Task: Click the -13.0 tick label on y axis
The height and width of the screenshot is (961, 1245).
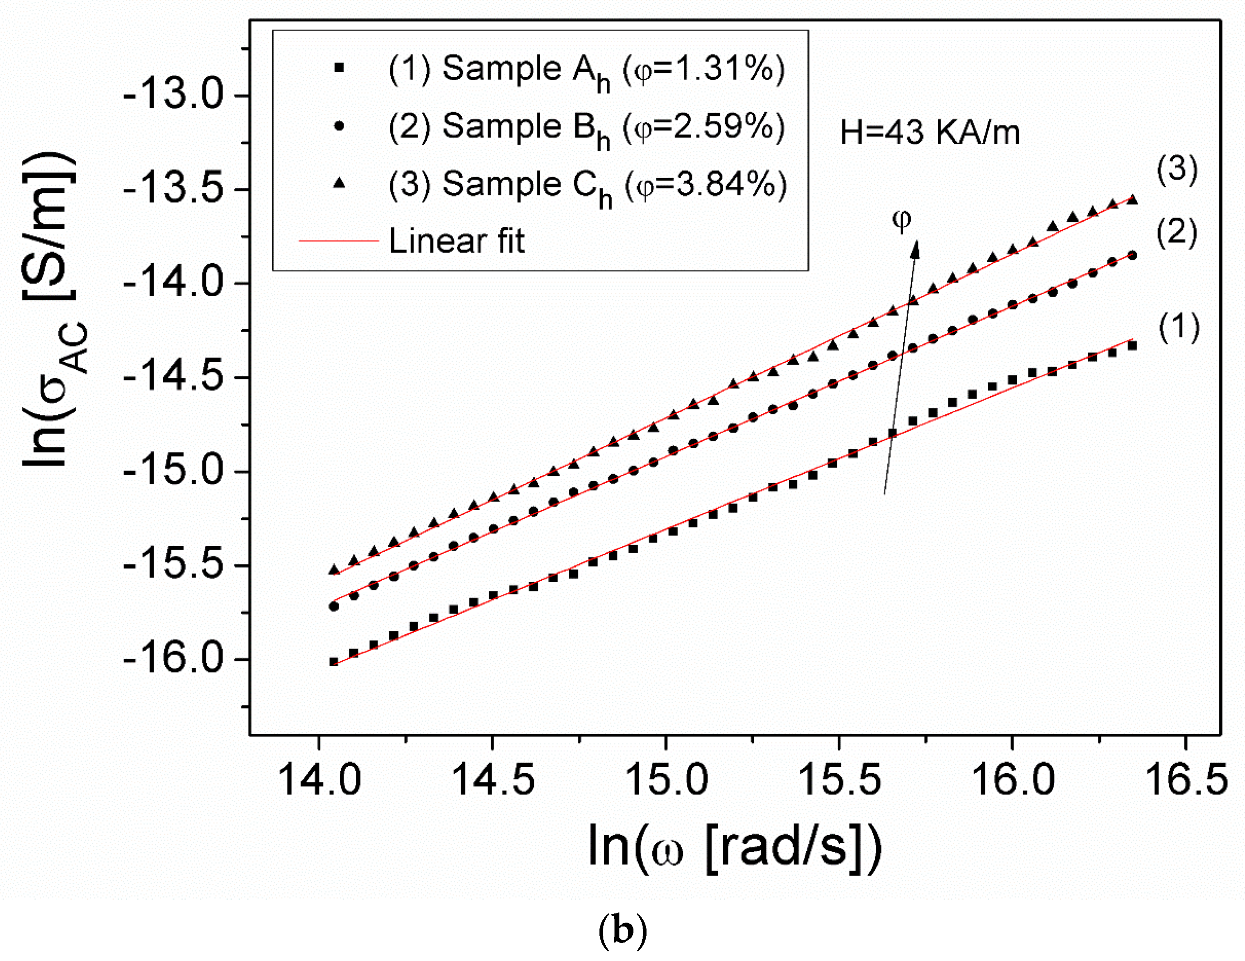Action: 174,95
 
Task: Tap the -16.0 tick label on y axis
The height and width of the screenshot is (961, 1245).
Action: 174,659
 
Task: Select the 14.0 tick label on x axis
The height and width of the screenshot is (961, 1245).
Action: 319,780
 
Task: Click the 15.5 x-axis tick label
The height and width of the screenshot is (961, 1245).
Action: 839,780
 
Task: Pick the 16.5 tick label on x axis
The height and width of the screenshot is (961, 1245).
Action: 1186,780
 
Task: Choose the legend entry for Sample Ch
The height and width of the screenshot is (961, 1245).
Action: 587,186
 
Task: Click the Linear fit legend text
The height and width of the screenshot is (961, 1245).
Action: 456,241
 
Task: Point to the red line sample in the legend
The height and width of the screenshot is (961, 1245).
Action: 339,241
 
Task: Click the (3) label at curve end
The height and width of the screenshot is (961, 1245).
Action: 1177,169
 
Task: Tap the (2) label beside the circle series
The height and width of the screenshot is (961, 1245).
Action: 1177,233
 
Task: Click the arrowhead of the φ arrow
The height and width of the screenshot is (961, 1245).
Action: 915,249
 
